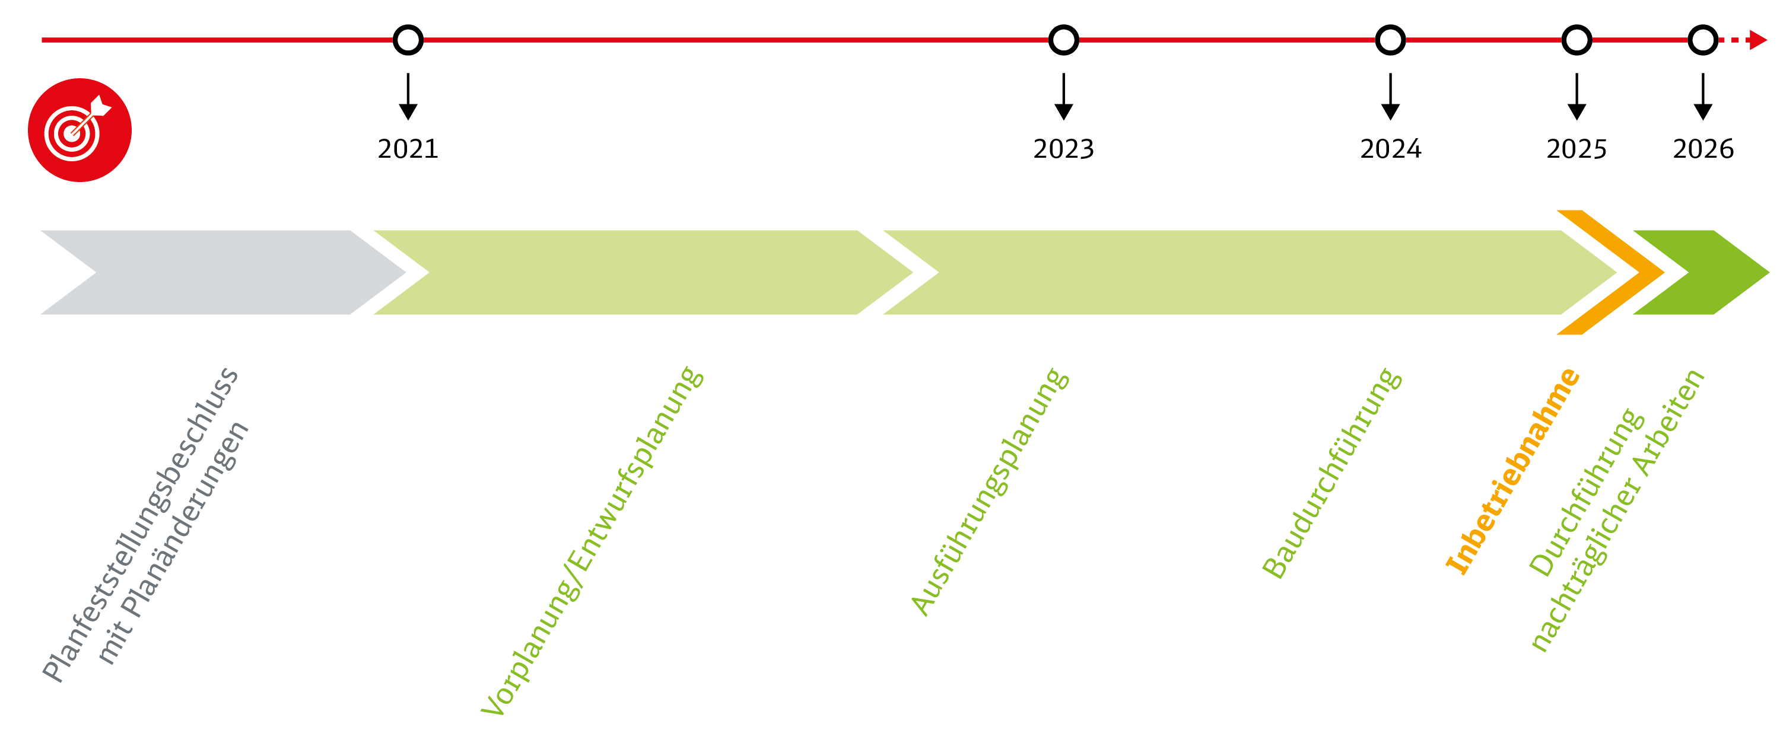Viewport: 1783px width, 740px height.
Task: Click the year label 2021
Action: pos(408,149)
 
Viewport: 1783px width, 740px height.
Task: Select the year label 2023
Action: pos(1063,149)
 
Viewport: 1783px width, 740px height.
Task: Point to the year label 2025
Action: pos(1576,149)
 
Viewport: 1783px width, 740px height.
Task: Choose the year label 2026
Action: pos(1703,149)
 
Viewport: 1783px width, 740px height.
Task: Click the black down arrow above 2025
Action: pos(1576,96)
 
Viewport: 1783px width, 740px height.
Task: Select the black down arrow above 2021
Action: pos(408,96)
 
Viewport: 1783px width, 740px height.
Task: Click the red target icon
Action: pos(80,130)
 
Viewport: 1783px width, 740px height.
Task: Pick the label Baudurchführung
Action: pos(1331,473)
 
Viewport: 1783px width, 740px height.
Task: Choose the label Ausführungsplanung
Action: pos(989,491)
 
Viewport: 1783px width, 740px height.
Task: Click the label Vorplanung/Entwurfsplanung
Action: pos(592,541)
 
